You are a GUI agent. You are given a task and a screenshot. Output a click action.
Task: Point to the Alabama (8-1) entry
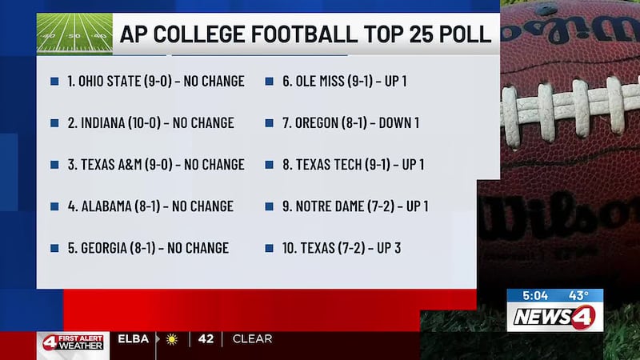(150, 206)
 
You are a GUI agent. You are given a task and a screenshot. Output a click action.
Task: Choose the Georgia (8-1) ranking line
(147, 248)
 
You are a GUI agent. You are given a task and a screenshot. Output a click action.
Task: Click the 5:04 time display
(534, 295)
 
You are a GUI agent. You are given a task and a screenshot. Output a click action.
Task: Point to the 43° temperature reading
(578, 295)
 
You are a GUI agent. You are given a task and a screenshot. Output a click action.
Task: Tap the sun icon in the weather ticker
(170, 339)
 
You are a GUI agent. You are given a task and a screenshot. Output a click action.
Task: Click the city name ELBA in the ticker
(133, 339)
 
